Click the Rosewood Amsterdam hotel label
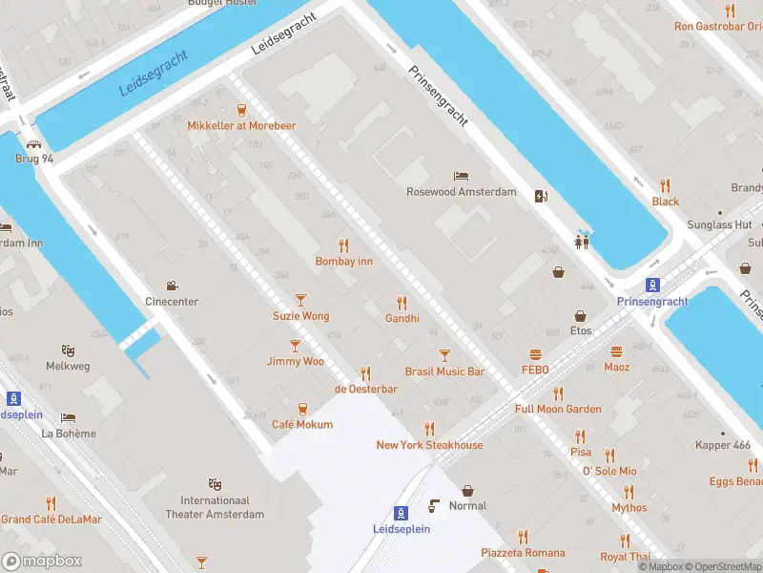(461, 192)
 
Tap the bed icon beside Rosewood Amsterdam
(462, 176)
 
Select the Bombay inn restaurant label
(344, 261)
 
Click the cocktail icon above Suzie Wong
(301, 300)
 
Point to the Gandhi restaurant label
(402, 318)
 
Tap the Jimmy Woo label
(296, 361)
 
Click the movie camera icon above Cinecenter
(172, 286)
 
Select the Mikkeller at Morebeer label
(241, 126)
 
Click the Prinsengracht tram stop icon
(652, 285)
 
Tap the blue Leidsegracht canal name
(154, 73)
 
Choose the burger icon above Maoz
(617, 350)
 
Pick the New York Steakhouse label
(429, 445)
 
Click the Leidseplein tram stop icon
(402, 512)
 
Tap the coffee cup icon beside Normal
(435, 505)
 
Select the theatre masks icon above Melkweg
(68, 350)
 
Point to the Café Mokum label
(302, 424)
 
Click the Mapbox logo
(42, 562)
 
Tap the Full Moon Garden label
(558, 409)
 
